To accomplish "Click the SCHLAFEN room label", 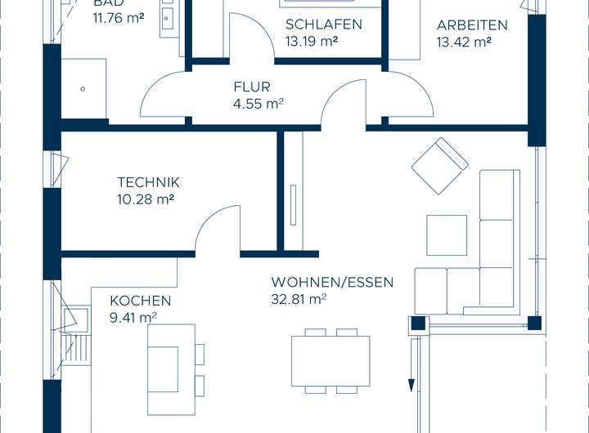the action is [x=323, y=25].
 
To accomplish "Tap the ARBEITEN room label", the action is [x=472, y=25].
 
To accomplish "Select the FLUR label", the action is [x=251, y=87].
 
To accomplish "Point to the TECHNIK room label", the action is [x=148, y=182].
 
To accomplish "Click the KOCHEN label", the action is [x=141, y=301].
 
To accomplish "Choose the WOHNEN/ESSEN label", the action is [x=332, y=283].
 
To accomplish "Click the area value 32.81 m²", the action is [x=299, y=299].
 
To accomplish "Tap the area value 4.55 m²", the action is [x=258, y=103].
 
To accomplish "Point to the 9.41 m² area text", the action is [x=133, y=317].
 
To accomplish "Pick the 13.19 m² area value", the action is [x=312, y=40].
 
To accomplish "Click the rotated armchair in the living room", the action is [x=439, y=165].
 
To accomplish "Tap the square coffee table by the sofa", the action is [x=447, y=234].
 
